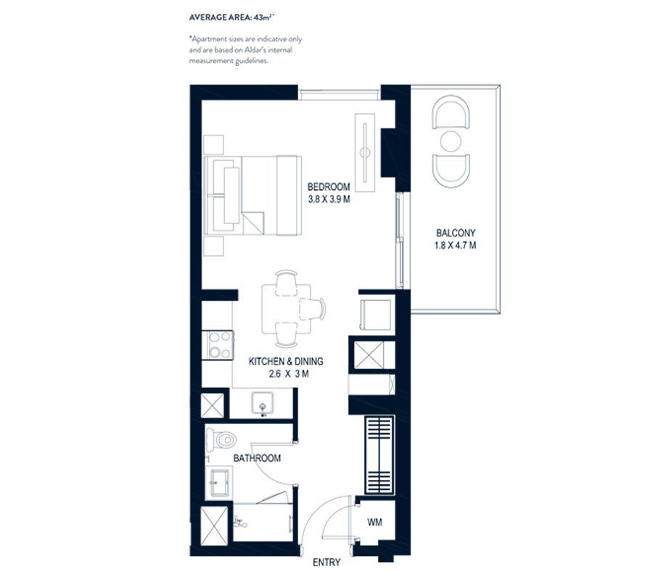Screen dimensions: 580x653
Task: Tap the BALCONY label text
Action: (456, 233)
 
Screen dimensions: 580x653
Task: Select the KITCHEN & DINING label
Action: (285, 361)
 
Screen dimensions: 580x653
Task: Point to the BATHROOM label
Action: (256, 458)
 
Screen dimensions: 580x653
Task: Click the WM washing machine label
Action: (374, 522)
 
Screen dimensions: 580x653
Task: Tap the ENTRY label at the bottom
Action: (326, 562)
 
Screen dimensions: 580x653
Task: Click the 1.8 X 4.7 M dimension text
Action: (456, 246)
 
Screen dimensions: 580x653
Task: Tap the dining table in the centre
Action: (281, 309)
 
